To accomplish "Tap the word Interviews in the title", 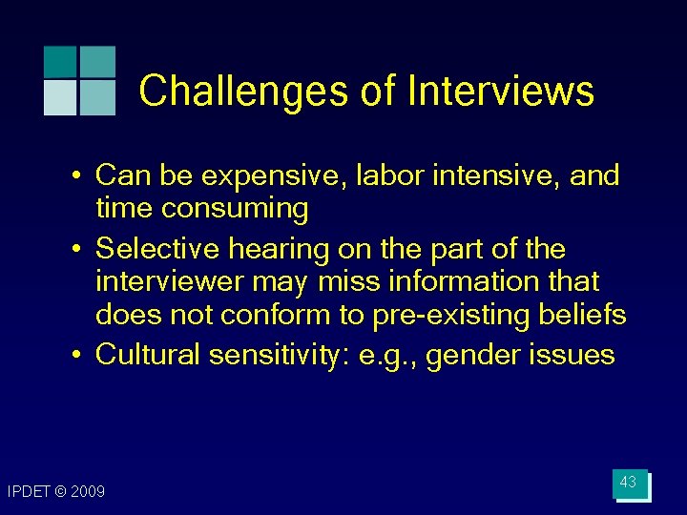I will click(500, 92).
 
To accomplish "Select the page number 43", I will click(628, 483).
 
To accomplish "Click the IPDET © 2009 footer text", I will click(56, 492).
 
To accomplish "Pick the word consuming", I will click(238, 209).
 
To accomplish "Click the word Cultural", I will click(151, 355).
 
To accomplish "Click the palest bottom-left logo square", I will click(60, 97).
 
